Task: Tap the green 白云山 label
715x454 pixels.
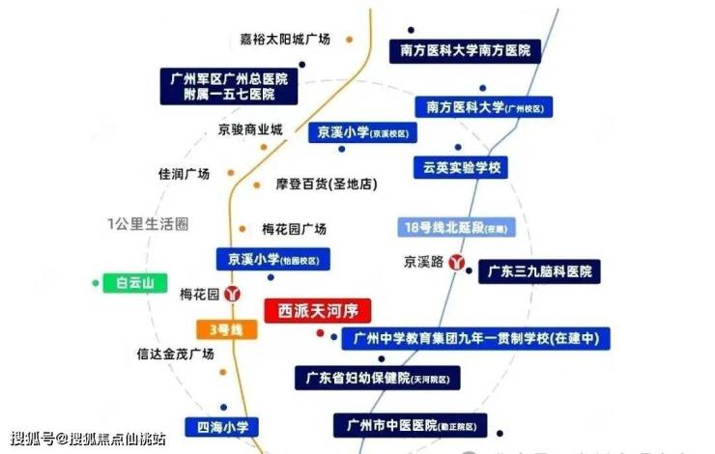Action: coord(135,282)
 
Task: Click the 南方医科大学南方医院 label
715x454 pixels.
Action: coord(466,52)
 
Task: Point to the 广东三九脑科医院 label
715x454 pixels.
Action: coord(540,271)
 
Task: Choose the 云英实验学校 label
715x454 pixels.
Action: coord(460,167)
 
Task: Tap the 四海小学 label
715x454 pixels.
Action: coord(223,426)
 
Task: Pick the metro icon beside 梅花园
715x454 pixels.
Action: coord(232,293)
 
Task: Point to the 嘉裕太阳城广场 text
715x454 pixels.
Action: coord(285,40)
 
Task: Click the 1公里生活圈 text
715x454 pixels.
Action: coord(147,224)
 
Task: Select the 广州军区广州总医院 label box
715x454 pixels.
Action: coord(228,86)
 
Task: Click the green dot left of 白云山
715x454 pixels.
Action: coord(95,283)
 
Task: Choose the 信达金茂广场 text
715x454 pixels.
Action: coord(175,354)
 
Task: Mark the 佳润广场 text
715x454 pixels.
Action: coord(185,174)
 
